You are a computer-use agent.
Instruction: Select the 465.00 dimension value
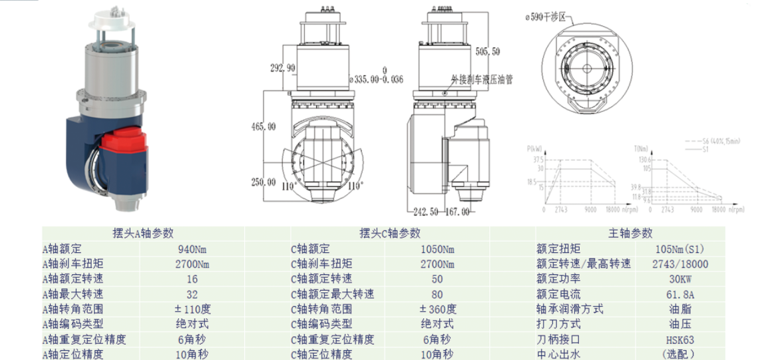[263, 127]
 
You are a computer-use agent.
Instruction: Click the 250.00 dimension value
[263, 182]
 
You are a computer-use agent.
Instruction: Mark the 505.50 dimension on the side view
[487, 51]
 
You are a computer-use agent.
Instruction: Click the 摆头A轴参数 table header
[144, 233]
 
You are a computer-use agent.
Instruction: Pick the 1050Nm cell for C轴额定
[438, 250]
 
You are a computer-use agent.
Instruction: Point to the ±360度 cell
[438, 309]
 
